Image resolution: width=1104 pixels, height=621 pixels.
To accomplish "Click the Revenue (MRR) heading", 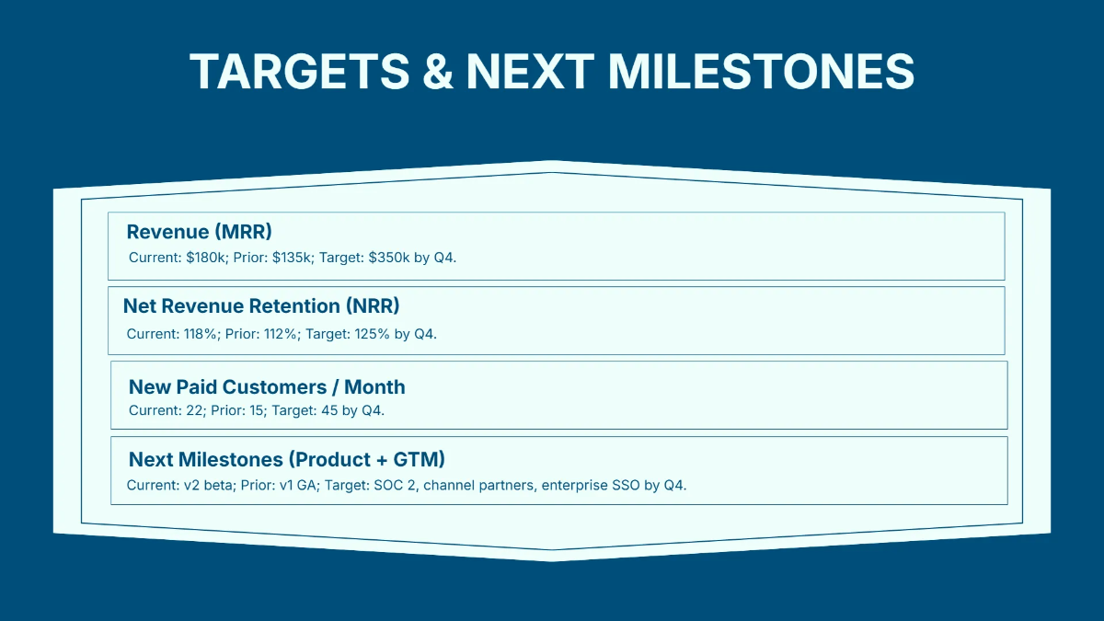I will (199, 232).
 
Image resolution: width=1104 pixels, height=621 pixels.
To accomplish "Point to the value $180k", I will (202, 258).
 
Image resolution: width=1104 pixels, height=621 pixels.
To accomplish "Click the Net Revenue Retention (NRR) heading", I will (261, 306).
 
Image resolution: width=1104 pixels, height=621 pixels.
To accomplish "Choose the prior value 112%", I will (279, 334).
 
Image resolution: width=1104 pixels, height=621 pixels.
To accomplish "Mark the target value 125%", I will (372, 334).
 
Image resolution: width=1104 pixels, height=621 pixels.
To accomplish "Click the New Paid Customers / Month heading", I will (267, 387).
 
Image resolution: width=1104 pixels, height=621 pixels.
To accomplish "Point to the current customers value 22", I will (194, 410).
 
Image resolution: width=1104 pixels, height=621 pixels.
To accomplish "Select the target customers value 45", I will (328, 410).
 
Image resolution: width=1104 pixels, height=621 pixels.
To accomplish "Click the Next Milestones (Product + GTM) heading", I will (287, 459).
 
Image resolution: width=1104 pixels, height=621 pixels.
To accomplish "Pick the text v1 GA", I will (293, 485).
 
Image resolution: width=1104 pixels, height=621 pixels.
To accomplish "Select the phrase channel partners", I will (478, 485).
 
